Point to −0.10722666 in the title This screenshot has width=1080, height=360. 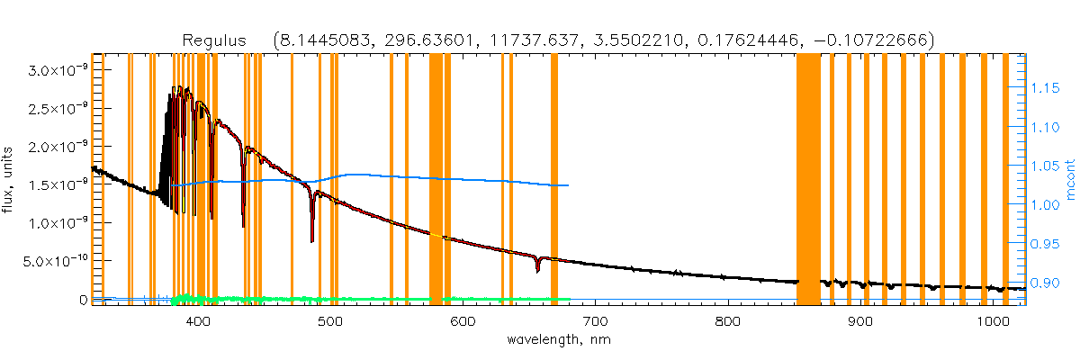[878, 40]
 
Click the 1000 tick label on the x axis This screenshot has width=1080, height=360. [989, 320]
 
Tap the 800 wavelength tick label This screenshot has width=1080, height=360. [727, 320]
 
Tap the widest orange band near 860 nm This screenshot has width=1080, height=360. [808, 180]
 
